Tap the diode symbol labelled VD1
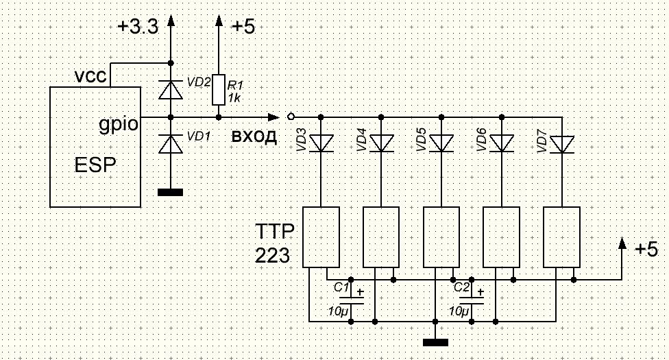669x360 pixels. click(170, 143)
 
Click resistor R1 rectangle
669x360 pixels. click(219, 89)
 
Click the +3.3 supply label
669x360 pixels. click(138, 27)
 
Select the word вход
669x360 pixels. click(254, 136)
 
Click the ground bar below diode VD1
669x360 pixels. click(170, 192)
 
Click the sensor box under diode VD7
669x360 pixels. click(562, 237)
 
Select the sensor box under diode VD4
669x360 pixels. click(382, 237)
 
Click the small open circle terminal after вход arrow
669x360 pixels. click(291, 116)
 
